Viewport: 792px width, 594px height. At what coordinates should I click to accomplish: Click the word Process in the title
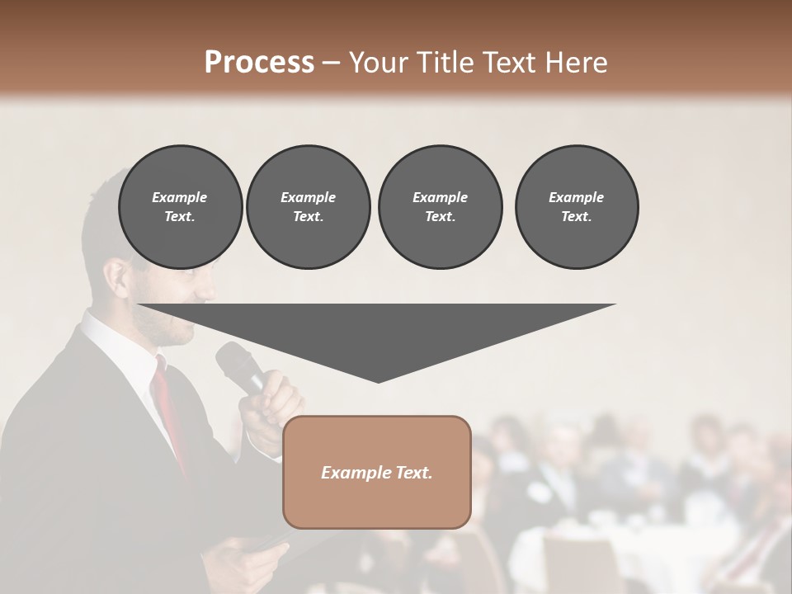pos(259,62)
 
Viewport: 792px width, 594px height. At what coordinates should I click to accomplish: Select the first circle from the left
pos(180,206)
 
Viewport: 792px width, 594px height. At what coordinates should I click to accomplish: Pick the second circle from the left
pos(308,206)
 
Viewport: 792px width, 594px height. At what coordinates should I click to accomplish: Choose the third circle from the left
pos(440,206)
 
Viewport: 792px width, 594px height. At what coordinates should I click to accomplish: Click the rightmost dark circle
pos(576,206)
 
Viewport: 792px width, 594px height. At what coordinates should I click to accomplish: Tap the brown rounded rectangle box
pos(376,472)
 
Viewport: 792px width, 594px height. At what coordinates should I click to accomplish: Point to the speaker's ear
pos(116,275)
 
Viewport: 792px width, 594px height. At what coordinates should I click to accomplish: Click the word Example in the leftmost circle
pos(180,197)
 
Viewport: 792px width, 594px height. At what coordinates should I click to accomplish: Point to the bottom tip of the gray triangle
pos(378,382)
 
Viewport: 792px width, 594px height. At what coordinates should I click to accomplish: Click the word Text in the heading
pos(506,62)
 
